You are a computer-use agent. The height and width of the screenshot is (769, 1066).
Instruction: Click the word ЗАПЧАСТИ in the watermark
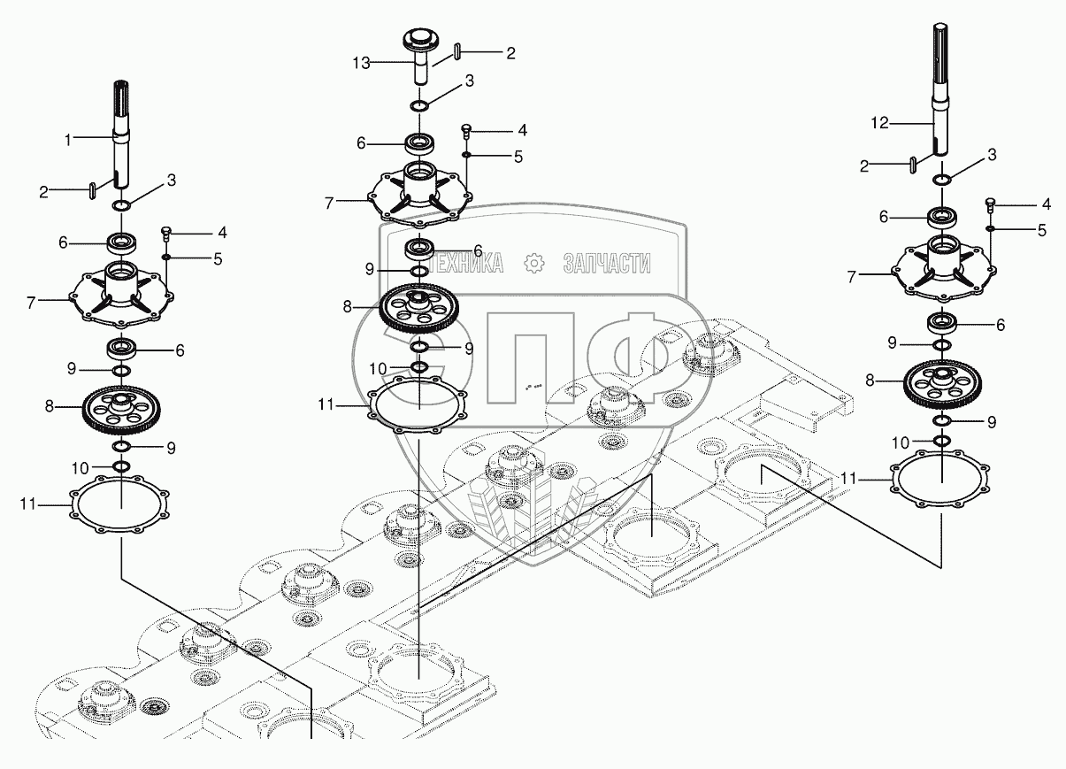(x=607, y=263)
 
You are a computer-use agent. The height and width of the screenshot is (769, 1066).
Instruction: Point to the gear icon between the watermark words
(x=533, y=263)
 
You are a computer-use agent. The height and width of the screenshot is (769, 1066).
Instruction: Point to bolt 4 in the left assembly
(x=165, y=235)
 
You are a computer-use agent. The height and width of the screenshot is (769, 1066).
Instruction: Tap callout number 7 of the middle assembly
(x=328, y=203)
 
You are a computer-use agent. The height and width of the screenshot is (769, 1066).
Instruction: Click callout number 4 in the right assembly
(x=1046, y=204)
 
